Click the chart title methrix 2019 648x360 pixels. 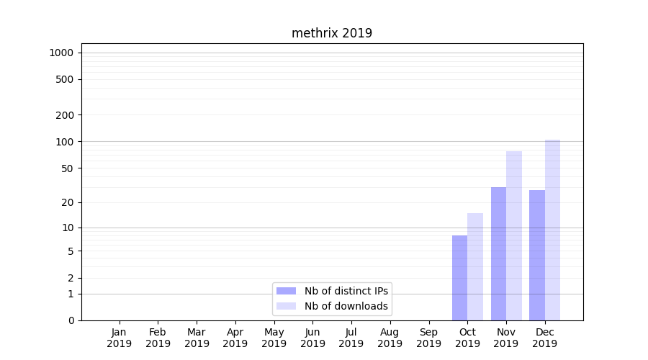[x=332, y=33]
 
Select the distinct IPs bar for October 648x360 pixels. [x=459, y=278]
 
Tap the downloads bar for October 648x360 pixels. [x=475, y=266]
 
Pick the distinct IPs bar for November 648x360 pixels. [x=498, y=253]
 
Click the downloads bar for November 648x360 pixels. [x=514, y=235]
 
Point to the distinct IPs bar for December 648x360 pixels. [x=537, y=255]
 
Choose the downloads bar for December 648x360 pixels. [x=552, y=230]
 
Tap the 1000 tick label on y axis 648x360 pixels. [x=61, y=53]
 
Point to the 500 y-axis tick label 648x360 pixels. [x=65, y=79]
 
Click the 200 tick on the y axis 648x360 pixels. [x=65, y=115]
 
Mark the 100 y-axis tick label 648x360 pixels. [x=65, y=142]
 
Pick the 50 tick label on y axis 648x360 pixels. [x=68, y=168]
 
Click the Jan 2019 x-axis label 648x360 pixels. [x=120, y=338]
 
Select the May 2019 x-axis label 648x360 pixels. [x=274, y=338]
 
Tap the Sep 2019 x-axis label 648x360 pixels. [x=428, y=338]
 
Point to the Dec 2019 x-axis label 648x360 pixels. [x=545, y=338]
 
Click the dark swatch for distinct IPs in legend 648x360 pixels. [x=287, y=291]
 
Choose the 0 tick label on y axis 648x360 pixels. [x=71, y=320]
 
